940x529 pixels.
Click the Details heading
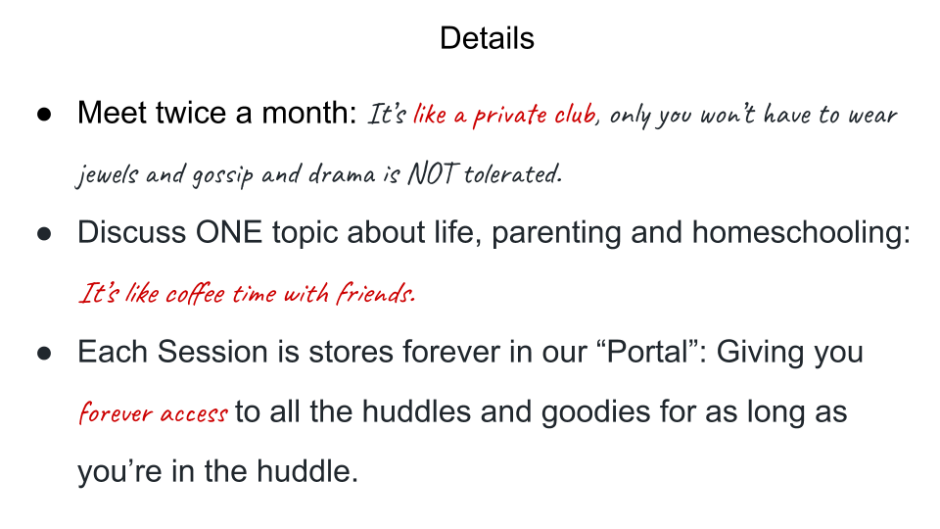(x=487, y=38)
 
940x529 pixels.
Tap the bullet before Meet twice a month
(x=44, y=114)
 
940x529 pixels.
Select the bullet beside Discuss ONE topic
(x=44, y=233)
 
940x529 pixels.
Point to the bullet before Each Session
(x=44, y=353)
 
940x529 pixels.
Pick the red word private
(x=509, y=116)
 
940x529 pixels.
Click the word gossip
(x=222, y=175)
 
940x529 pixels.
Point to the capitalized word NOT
(x=434, y=174)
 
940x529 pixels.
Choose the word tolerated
(x=512, y=174)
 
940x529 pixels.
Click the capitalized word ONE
(x=229, y=232)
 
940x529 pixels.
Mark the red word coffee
(x=195, y=293)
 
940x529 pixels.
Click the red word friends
(x=375, y=293)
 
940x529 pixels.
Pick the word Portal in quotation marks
(x=647, y=352)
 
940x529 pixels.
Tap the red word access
(x=194, y=413)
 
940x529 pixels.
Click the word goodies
(x=596, y=412)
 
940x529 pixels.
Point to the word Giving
(x=760, y=352)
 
